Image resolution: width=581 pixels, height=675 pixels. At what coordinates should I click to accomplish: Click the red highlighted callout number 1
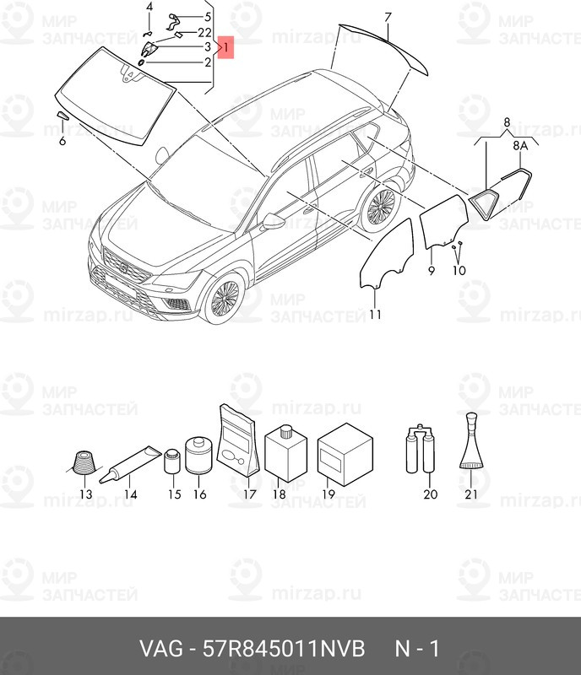(226, 47)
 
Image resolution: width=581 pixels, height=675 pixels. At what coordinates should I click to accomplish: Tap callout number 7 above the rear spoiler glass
(388, 18)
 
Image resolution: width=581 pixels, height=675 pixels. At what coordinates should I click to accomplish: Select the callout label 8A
(520, 146)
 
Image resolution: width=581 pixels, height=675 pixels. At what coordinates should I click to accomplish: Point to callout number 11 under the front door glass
(376, 315)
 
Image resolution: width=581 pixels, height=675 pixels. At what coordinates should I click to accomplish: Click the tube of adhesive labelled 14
(130, 465)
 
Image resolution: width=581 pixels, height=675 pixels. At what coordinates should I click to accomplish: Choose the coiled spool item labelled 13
(84, 462)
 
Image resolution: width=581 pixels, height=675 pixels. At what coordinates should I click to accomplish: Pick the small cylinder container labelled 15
(173, 461)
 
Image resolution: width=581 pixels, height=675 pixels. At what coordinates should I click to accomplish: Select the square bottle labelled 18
(286, 453)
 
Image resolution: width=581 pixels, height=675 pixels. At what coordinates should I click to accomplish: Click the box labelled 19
(345, 455)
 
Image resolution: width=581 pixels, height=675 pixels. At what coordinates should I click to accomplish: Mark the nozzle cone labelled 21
(471, 440)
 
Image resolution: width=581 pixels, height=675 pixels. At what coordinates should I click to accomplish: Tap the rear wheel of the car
(380, 207)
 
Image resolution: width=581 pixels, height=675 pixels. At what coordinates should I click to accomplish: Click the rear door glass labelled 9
(444, 222)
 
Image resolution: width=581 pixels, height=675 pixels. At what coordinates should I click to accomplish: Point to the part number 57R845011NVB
(284, 648)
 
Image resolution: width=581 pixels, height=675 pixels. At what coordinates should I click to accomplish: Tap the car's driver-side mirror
(274, 221)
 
